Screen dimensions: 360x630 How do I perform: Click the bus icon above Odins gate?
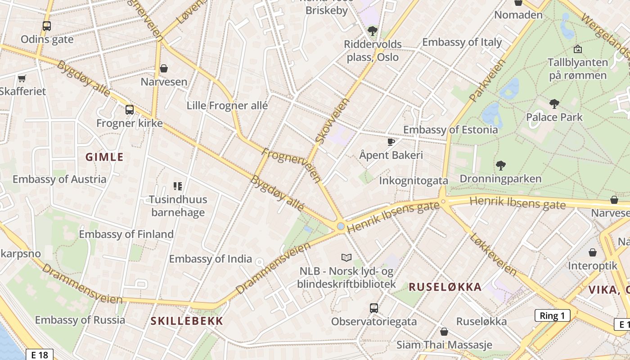(x=47, y=26)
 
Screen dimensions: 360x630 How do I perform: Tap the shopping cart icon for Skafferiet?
(x=22, y=79)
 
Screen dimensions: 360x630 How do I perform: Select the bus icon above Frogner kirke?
(x=129, y=109)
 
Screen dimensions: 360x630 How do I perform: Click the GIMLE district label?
(x=104, y=157)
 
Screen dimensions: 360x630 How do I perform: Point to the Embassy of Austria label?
(x=59, y=179)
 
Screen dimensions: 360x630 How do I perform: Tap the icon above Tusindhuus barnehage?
(x=178, y=186)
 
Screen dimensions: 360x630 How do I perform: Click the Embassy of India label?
(x=210, y=259)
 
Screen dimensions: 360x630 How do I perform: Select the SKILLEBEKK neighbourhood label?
(x=187, y=321)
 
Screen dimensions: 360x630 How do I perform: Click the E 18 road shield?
(x=40, y=355)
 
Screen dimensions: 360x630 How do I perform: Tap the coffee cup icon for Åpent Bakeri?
(x=391, y=142)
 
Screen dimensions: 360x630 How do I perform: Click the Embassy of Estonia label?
(x=450, y=130)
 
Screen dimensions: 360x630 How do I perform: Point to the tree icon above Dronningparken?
(x=500, y=166)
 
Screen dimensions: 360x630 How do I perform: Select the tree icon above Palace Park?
(x=554, y=104)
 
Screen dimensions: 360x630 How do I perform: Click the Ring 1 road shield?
(x=552, y=315)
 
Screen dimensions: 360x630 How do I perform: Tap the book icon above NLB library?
(x=346, y=257)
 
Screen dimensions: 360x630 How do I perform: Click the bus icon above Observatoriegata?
(x=374, y=308)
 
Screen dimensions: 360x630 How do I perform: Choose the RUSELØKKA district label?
(x=445, y=287)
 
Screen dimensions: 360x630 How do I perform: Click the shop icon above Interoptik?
(x=593, y=252)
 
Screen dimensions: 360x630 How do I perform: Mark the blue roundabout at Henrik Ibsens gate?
(x=341, y=226)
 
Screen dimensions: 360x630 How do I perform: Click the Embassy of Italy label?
(x=462, y=42)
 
